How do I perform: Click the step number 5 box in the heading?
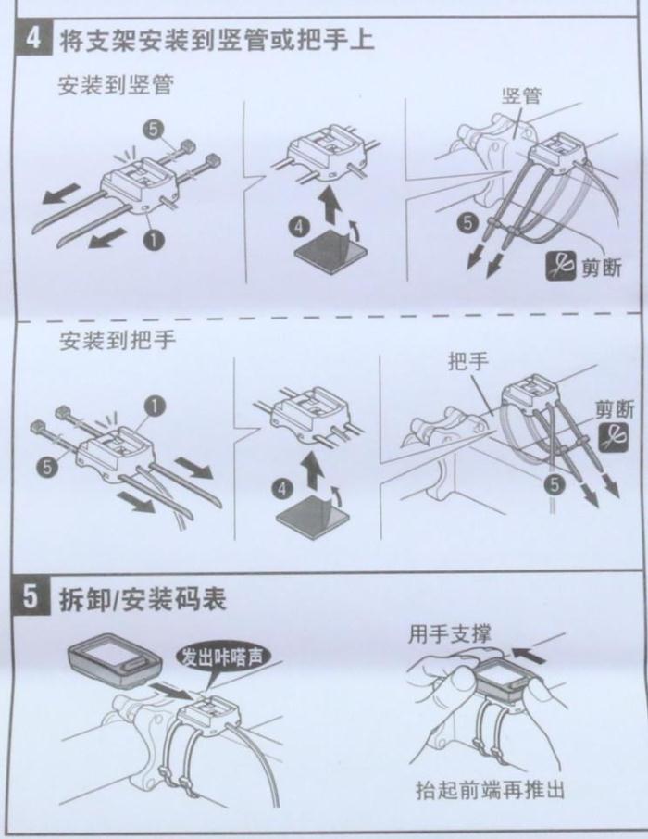pyautogui.click(x=33, y=598)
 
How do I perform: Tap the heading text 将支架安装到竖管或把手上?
pyautogui.click(x=216, y=40)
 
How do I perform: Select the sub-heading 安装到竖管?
pyautogui.click(x=116, y=85)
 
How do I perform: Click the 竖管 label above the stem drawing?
pyautogui.click(x=522, y=95)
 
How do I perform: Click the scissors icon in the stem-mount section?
pyautogui.click(x=561, y=266)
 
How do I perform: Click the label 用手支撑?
pyautogui.click(x=450, y=634)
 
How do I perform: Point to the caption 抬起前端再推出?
pyautogui.click(x=490, y=790)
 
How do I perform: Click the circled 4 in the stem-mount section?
pyautogui.click(x=299, y=227)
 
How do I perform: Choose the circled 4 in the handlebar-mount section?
pyautogui.click(x=282, y=489)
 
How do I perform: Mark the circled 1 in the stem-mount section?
pyautogui.click(x=154, y=240)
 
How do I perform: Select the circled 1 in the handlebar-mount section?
pyautogui.click(x=154, y=407)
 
